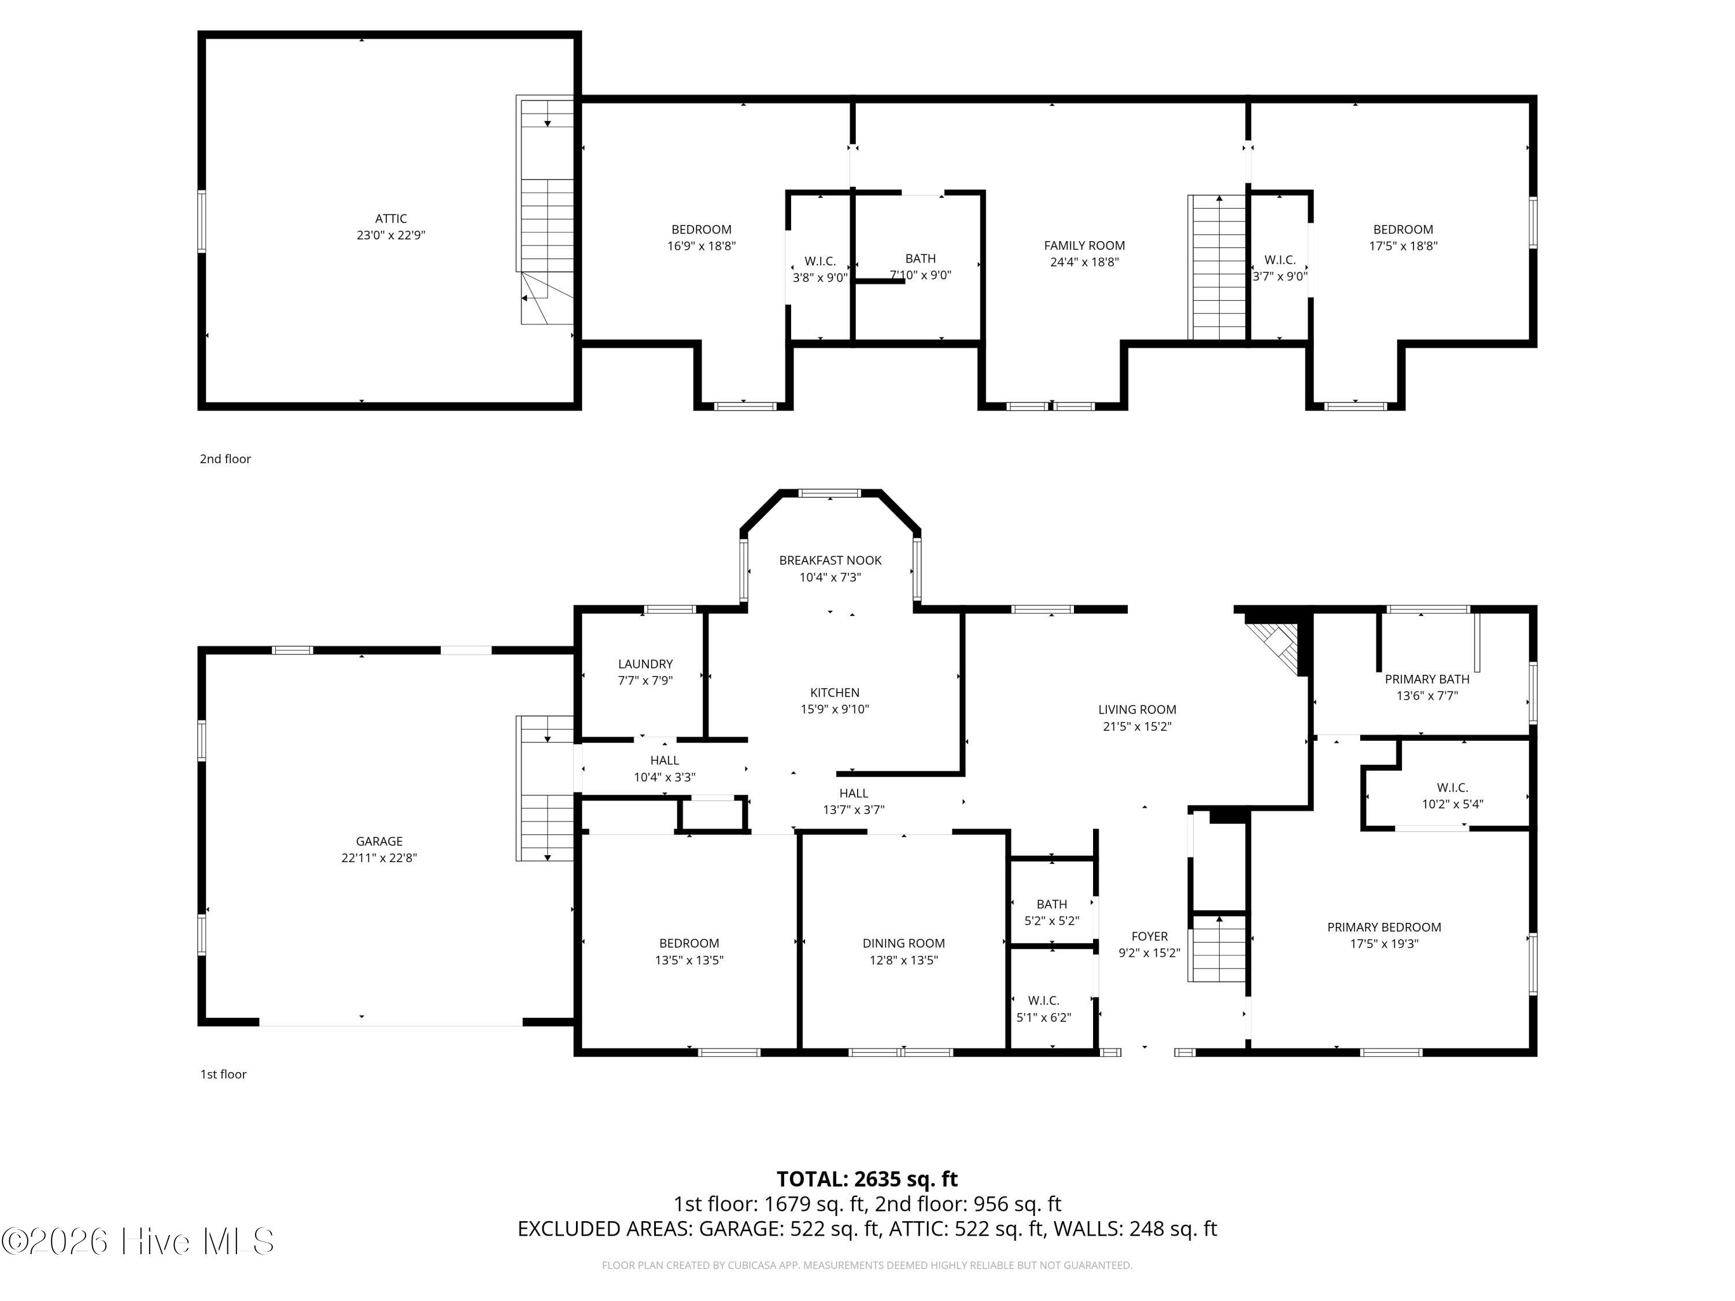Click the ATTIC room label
[x=390, y=219]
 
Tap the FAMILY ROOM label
[x=1084, y=246]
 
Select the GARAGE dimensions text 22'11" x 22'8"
[x=379, y=858]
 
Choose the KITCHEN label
[x=835, y=693]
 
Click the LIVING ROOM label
[x=1136, y=709]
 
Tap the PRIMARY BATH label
[x=1427, y=679]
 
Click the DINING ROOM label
[x=903, y=944]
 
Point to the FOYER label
[x=1149, y=936]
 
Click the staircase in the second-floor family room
[x=1217, y=267]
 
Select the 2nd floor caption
[x=225, y=459]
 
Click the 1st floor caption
[x=224, y=1074]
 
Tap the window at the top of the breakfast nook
[x=830, y=493]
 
